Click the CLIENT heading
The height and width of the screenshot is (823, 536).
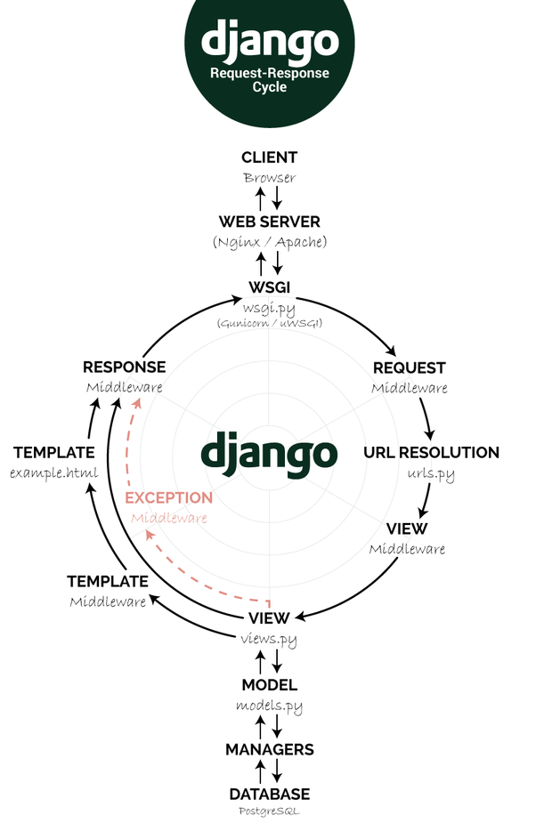pyautogui.click(x=269, y=157)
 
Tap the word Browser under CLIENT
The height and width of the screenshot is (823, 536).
pyautogui.click(x=269, y=177)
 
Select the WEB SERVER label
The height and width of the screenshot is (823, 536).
pyautogui.click(x=269, y=221)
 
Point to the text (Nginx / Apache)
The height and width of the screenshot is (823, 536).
pyautogui.click(x=269, y=241)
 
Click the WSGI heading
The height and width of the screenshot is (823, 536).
pyautogui.click(x=269, y=286)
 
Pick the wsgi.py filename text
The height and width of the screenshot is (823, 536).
pyautogui.click(x=269, y=307)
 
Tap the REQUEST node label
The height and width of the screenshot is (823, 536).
pyautogui.click(x=409, y=367)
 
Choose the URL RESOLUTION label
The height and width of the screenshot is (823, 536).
pyautogui.click(x=431, y=452)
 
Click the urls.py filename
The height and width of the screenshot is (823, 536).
pyautogui.click(x=431, y=473)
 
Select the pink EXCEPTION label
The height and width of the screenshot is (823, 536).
pyautogui.click(x=168, y=497)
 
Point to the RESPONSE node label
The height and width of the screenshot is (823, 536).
pyautogui.click(x=124, y=367)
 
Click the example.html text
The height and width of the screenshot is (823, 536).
pyautogui.click(x=53, y=472)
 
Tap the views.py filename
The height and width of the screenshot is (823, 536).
pyautogui.click(x=268, y=639)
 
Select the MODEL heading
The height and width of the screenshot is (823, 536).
pyautogui.click(x=269, y=685)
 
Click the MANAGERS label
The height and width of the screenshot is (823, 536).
pyautogui.click(x=269, y=749)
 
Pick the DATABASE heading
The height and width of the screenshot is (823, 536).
pyautogui.click(x=269, y=794)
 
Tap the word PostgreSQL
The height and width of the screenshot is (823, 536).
pyautogui.click(x=269, y=811)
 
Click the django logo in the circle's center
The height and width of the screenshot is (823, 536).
pyautogui.click(x=269, y=451)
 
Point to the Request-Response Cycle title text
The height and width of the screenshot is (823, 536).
pyautogui.click(x=269, y=80)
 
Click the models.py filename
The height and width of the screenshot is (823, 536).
pyautogui.click(x=269, y=706)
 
